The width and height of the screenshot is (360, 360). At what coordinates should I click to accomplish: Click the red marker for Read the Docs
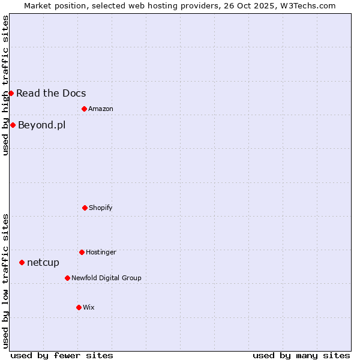[11, 93]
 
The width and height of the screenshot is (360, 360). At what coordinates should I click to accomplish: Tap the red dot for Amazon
[84, 109]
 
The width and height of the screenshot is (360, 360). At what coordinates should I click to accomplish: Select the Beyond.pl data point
[13, 125]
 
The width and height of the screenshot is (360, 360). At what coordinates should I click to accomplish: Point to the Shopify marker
[85, 208]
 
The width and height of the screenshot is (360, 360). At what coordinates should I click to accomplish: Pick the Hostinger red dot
[82, 252]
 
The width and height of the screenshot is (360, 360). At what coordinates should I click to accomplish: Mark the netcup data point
[22, 262]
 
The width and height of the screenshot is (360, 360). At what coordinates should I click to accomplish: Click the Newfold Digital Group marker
[67, 278]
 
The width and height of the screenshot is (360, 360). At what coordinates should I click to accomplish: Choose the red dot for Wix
[79, 307]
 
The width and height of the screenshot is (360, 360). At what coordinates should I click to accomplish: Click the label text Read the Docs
[51, 93]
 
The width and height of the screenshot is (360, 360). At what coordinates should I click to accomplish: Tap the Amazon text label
[101, 109]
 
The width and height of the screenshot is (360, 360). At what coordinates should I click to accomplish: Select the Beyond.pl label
[41, 125]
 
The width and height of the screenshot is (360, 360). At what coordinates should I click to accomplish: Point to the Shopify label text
[101, 208]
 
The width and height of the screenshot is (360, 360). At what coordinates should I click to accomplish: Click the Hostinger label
[101, 252]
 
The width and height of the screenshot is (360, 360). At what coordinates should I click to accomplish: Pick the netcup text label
[43, 262]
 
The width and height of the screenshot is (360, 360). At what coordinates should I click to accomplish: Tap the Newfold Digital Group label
[106, 278]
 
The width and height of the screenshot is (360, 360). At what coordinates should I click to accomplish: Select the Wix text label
[89, 307]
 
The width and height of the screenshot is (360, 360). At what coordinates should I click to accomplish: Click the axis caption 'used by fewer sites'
[62, 355]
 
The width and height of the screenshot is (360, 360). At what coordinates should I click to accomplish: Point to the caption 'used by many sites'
[301, 355]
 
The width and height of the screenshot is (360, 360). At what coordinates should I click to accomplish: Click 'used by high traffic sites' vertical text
[5, 85]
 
